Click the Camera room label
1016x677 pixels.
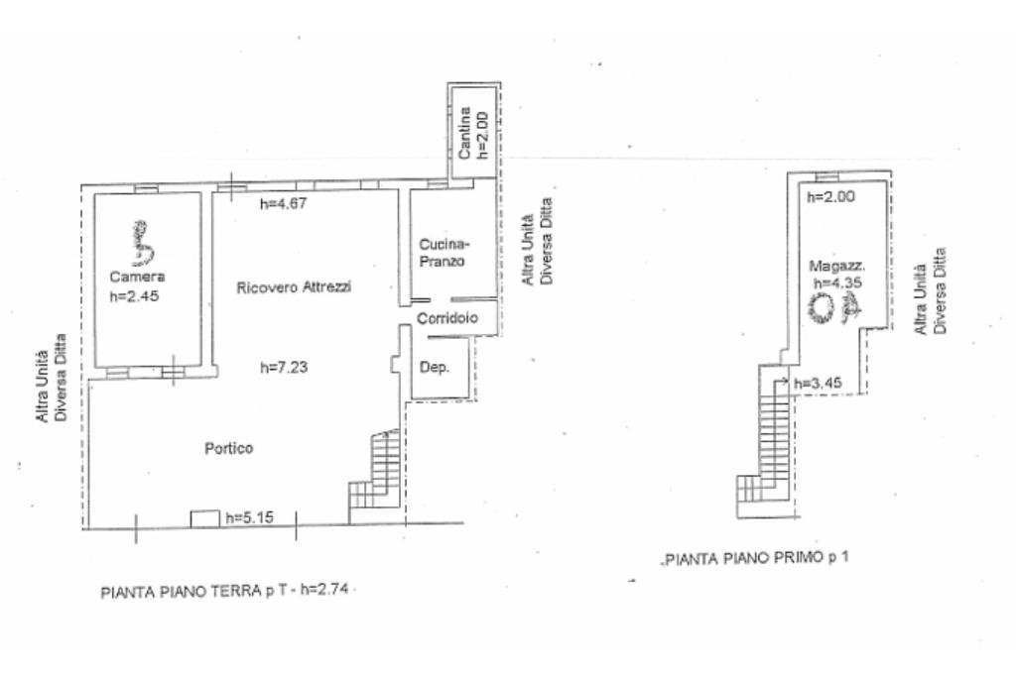point(137,277)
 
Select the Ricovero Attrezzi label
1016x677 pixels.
point(295,287)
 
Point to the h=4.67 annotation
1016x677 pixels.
point(280,205)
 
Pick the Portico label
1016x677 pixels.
point(229,448)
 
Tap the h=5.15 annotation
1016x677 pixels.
point(247,517)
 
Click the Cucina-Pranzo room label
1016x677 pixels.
point(443,253)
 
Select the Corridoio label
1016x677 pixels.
point(447,318)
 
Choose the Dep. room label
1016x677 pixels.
point(436,367)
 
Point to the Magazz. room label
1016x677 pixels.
point(837,266)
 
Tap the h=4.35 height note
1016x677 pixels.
point(835,282)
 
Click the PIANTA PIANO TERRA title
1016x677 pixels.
point(228,593)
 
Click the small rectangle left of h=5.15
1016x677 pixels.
point(204,517)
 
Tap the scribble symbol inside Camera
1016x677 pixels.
point(143,243)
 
